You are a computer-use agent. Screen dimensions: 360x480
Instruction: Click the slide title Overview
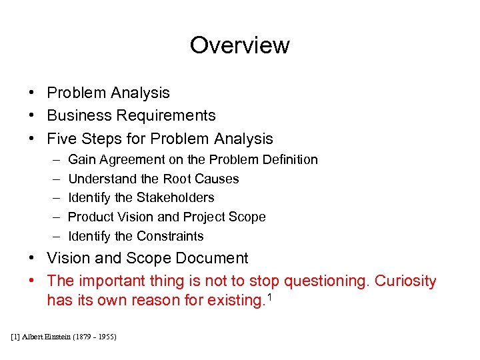pyautogui.click(x=239, y=45)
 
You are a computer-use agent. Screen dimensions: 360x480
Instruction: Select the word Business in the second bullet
pyautogui.click(x=79, y=115)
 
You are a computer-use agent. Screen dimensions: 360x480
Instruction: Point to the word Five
pyautogui.click(x=62, y=139)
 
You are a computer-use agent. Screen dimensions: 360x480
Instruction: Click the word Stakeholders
pyautogui.click(x=175, y=197)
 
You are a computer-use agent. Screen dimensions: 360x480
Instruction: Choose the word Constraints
pyautogui.click(x=170, y=236)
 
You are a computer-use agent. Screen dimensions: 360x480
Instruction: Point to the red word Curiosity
pyautogui.click(x=405, y=281)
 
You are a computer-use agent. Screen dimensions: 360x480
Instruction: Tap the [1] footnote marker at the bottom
pyautogui.click(x=16, y=337)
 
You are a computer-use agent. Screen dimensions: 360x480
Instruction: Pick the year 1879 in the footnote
pyautogui.click(x=86, y=337)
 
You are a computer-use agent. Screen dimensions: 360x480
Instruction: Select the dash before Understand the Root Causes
pyautogui.click(x=53, y=179)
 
